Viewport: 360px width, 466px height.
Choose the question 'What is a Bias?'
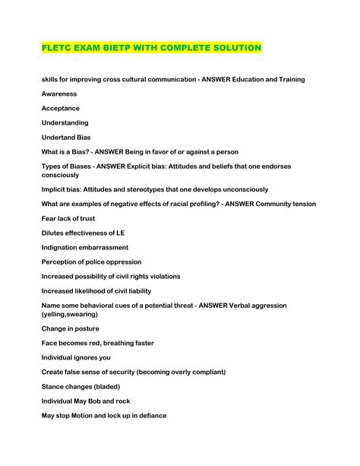coord(68,152)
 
